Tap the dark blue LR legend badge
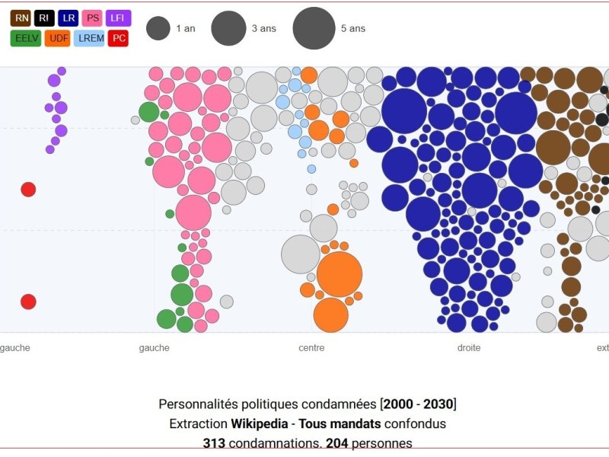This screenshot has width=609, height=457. tap(69, 18)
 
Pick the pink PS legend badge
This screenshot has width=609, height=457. tap(93, 18)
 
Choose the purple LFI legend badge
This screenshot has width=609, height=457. tap(118, 18)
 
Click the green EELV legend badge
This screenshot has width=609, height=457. tap(26, 38)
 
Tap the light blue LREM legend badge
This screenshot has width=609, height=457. tap(89, 38)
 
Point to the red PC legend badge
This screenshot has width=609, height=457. tap(118, 38)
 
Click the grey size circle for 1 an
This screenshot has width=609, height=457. tap(158, 29)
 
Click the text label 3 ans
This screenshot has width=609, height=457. tap(264, 29)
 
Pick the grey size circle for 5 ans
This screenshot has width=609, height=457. tap(314, 28)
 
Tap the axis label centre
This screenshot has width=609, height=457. tap(311, 348)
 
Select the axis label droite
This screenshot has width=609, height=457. tap(469, 348)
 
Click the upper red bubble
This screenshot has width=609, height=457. tap(28, 190)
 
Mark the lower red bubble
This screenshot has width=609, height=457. tap(28, 302)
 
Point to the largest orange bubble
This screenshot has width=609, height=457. tap(339, 274)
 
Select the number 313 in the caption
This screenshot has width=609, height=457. tap(214, 443)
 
